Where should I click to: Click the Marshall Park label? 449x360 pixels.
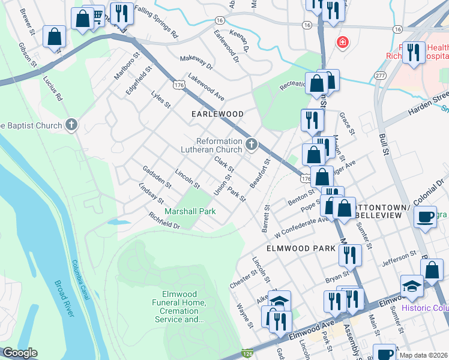pyautogui.click(x=190, y=211)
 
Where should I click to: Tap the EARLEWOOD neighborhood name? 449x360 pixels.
pyautogui.click(x=217, y=114)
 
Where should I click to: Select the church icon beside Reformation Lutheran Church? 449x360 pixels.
pyautogui.click(x=251, y=144)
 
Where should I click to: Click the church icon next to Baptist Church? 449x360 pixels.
pyautogui.click(x=71, y=125)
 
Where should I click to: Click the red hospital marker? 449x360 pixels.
pyautogui.click(x=342, y=43)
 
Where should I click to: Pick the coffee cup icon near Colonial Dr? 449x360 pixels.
pyautogui.click(x=426, y=218)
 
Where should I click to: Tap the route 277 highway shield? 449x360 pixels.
pyautogui.click(x=379, y=75)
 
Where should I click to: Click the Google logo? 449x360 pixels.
pyautogui.click(x=20, y=352)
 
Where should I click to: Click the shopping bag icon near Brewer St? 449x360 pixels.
pyautogui.click(x=55, y=37)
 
